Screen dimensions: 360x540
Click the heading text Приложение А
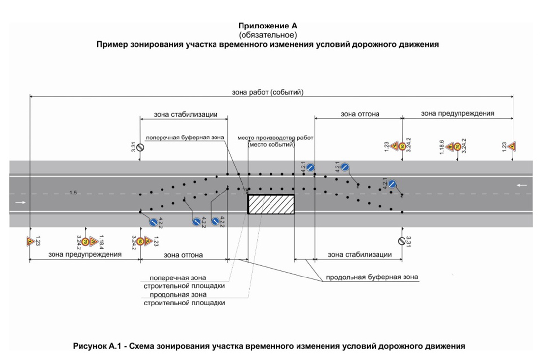pyautogui.click(x=268, y=26)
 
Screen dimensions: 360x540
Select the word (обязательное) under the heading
pyautogui.click(x=268, y=35)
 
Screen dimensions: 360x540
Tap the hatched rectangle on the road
pyautogui.click(x=271, y=204)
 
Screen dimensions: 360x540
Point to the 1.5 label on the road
pyautogui.click(x=73, y=193)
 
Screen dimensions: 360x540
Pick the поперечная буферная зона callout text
pyautogui.click(x=184, y=138)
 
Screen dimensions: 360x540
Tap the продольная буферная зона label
pyautogui.click(x=373, y=277)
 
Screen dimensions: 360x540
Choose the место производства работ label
pyautogui.click(x=275, y=138)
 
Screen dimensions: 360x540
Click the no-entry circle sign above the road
pyautogui.click(x=140, y=147)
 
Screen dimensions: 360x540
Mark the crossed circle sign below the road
pyautogui.click(x=402, y=241)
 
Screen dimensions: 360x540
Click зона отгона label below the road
pyautogui.click(x=183, y=255)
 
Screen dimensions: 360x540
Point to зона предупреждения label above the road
pyautogui.click(x=458, y=113)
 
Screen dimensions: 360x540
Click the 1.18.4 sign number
pyautogui.click(x=102, y=240)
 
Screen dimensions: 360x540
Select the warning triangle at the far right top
pyautogui.click(x=512, y=146)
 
